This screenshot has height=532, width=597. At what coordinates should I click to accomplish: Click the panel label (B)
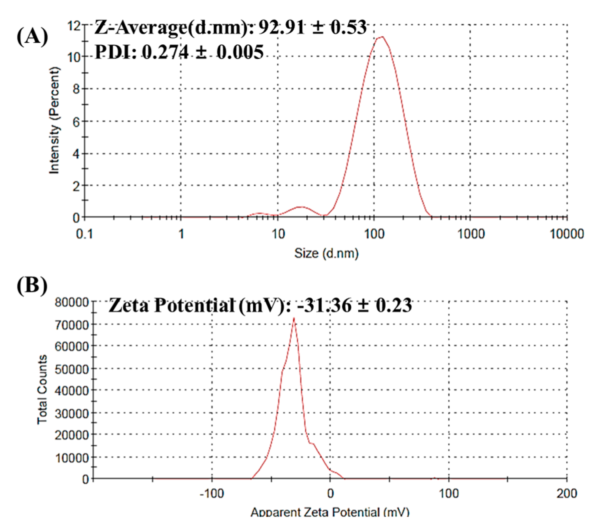(32, 285)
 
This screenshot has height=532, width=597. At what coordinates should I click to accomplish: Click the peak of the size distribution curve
(381, 37)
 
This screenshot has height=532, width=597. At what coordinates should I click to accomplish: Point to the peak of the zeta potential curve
(294, 319)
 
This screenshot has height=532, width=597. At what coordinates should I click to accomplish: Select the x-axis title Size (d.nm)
(326, 253)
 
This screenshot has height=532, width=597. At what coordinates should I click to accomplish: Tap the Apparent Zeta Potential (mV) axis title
(330, 512)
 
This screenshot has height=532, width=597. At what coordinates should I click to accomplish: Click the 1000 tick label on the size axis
(470, 234)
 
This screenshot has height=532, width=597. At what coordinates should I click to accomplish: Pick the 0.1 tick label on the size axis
(85, 234)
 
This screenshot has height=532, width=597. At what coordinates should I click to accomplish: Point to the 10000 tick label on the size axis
(566, 234)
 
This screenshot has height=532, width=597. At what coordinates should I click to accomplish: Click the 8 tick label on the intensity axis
(76, 89)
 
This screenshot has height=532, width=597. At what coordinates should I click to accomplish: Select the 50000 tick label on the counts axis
(72, 369)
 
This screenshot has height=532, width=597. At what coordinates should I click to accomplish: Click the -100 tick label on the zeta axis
(212, 493)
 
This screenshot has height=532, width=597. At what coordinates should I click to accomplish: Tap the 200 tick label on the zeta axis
(566, 493)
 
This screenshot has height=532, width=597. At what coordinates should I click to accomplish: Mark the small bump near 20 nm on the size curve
(301, 207)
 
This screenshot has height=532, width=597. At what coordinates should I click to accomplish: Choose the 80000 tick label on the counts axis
(72, 302)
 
